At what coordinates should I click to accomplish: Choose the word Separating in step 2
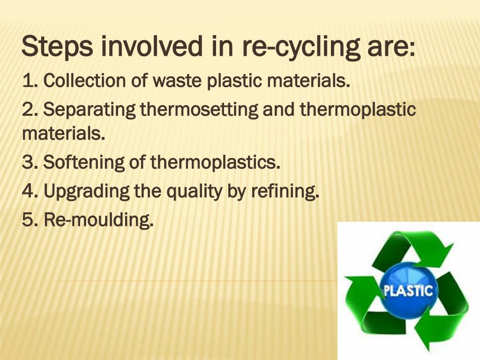90,110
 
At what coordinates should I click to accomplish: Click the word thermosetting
199,110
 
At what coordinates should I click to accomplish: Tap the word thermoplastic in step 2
358,110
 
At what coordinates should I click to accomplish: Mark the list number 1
27,82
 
